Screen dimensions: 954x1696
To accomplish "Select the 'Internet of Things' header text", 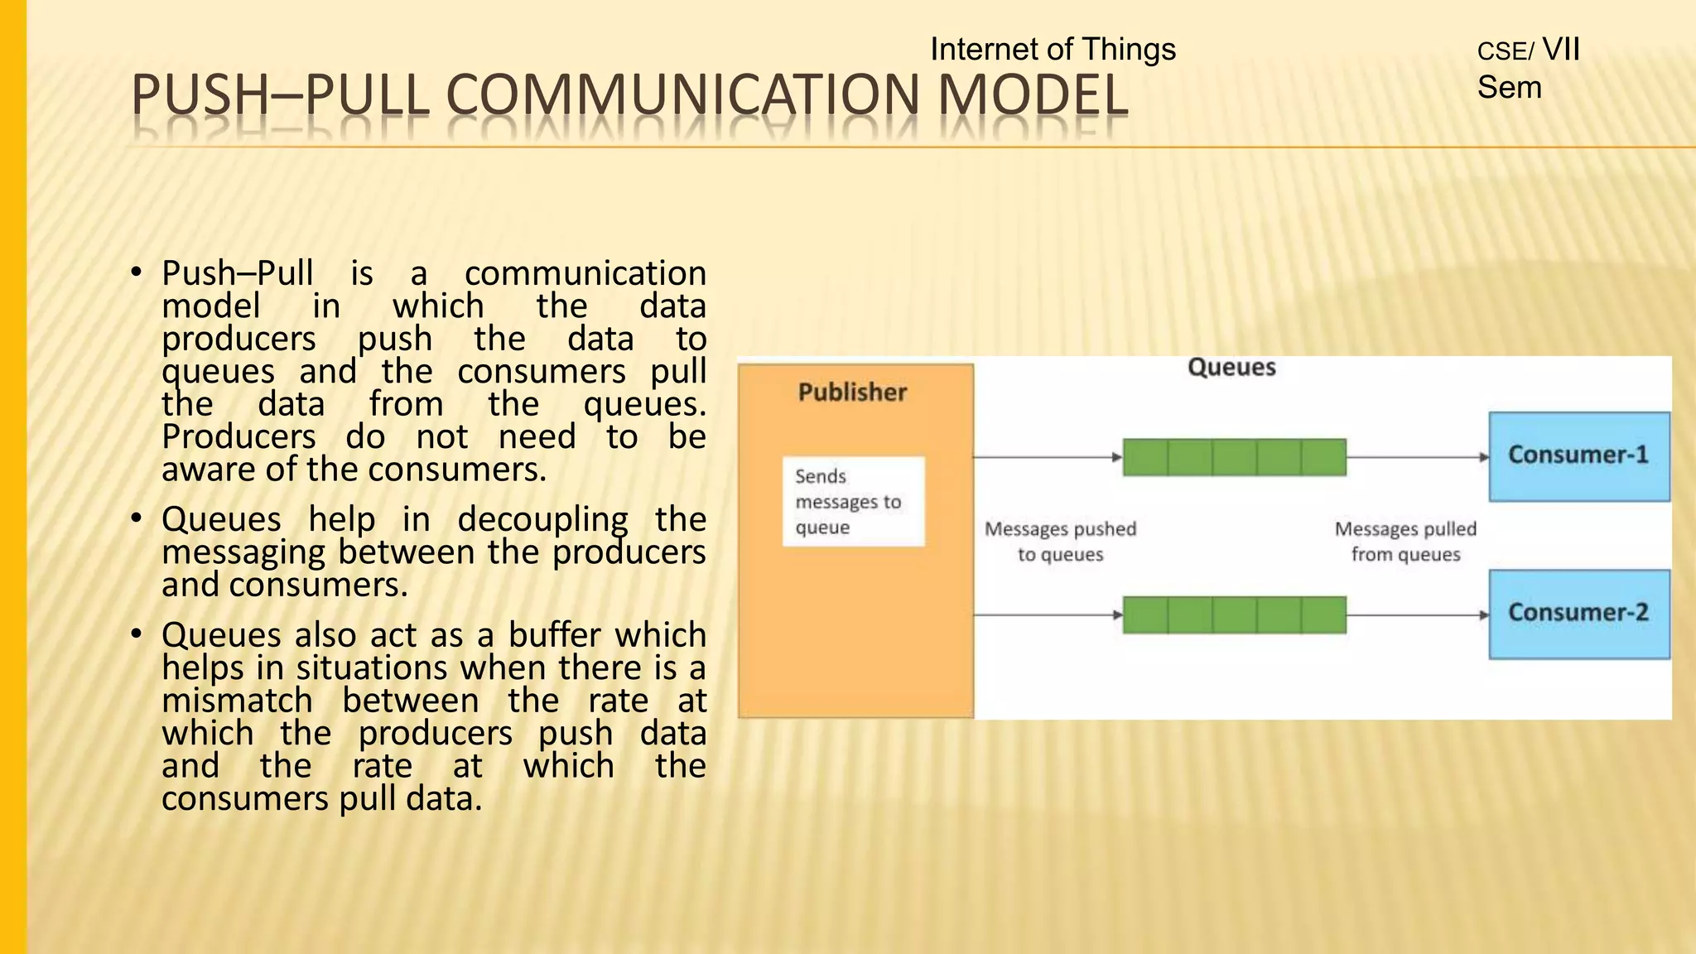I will coord(1053,50).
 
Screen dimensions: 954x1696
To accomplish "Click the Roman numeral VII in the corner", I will coord(1561,50).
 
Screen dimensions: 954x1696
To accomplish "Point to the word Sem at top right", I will coord(1509,88).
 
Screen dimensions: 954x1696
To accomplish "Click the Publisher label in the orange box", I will coord(852,393).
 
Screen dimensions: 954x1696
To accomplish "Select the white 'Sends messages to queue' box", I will coord(853,502).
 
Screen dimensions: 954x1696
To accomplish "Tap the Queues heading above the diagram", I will coord(1231,368).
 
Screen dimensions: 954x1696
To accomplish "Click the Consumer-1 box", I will coord(1578,456).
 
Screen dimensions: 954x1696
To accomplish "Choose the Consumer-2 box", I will coord(1578,614).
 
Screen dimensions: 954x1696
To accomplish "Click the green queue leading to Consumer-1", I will coord(1234,457).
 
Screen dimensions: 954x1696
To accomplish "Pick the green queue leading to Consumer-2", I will coord(1234,615).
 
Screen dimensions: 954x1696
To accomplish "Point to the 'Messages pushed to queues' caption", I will coord(1060,542).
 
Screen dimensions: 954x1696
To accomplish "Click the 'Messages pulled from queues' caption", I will coord(1405,542).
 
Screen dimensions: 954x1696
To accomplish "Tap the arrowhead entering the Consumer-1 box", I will coord(1484,457).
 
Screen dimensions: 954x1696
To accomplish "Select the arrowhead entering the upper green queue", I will coord(1117,457).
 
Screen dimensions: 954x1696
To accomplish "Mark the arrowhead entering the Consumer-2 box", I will coord(1484,615).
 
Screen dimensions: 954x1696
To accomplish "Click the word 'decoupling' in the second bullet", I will coord(542,520).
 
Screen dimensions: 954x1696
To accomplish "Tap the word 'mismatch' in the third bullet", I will coord(237,701).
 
